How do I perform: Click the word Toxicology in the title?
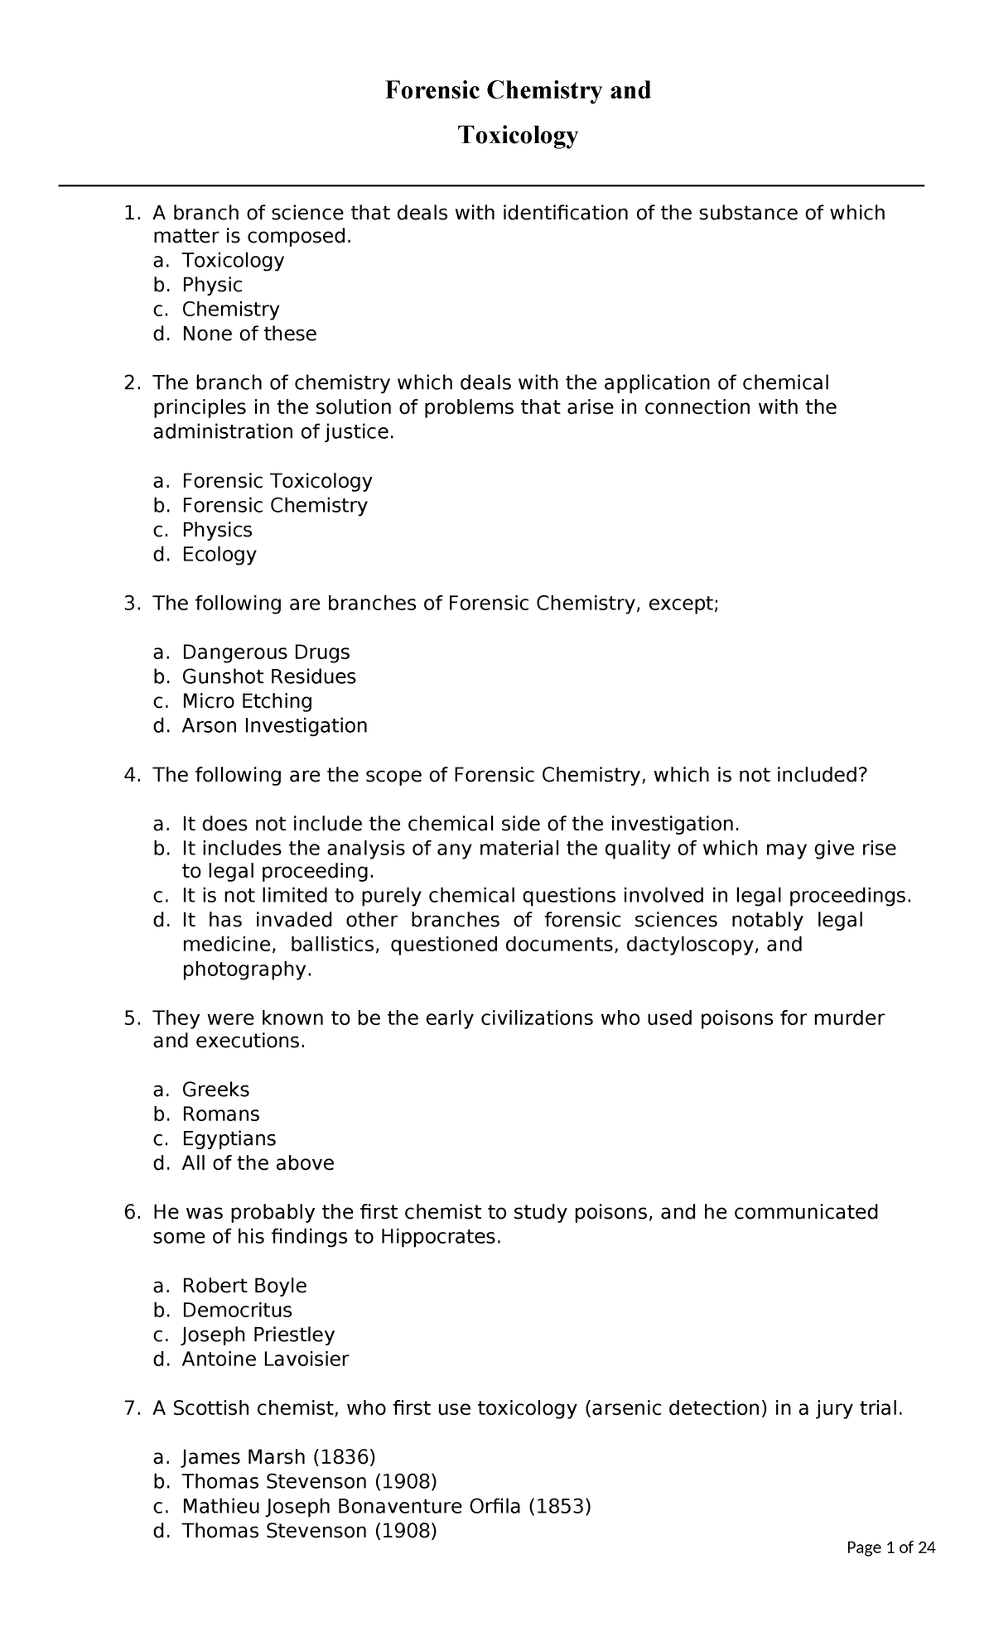[x=518, y=135]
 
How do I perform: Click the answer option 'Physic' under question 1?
[x=212, y=285]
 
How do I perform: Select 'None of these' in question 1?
[x=248, y=334]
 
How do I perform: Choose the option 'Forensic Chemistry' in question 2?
[x=274, y=505]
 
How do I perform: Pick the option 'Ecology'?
[x=219, y=554]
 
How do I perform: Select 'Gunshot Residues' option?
[x=268, y=676]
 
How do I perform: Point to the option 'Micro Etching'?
[x=247, y=701]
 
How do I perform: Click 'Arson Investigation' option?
[x=274, y=725]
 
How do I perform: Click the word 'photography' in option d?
[x=246, y=969]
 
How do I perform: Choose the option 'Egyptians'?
[x=229, y=1138]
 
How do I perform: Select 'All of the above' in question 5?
[x=258, y=1163]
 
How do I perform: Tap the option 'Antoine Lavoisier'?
[x=265, y=1359]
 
